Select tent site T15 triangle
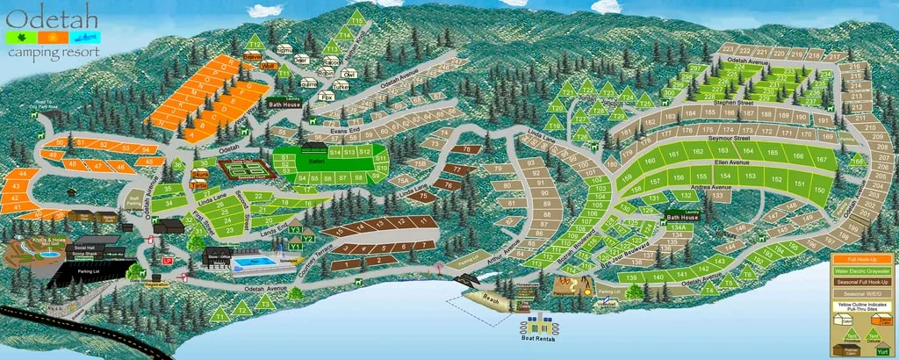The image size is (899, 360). [356, 18]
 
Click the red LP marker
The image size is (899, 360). [167, 261]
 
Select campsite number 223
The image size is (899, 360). [728, 49]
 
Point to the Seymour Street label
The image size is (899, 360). [729, 138]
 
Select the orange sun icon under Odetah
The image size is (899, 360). [57, 38]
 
